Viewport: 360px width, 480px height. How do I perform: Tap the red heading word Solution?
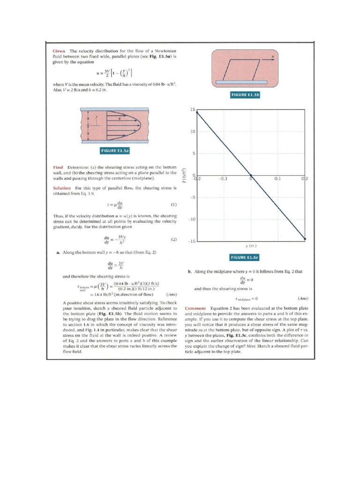coord(62,187)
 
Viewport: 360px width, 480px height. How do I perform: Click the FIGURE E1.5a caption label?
coord(115,150)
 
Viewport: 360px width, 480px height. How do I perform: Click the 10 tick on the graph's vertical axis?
coord(192,132)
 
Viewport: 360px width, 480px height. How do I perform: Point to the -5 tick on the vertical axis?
coord(192,197)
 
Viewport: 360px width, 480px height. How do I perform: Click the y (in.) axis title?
coord(251,246)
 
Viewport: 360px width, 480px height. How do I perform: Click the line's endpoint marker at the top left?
coord(197,112)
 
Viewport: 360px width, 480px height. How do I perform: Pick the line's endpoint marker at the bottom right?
coord(305,239)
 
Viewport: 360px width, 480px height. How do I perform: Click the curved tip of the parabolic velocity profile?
coord(141,125)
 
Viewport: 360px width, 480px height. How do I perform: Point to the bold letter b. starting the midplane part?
coord(189,271)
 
